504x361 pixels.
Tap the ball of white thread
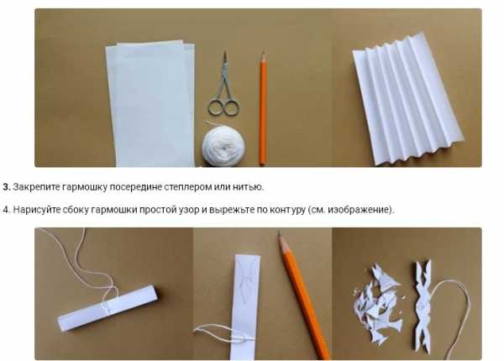(223, 146)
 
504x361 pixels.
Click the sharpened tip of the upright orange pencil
(264, 52)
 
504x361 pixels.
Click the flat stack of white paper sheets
(150, 103)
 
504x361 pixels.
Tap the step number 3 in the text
(7, 187)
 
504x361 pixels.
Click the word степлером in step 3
(187, 187)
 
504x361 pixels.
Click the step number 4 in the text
(7, 210)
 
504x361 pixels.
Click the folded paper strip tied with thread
(108, 307)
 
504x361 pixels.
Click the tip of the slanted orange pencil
(280, 233)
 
